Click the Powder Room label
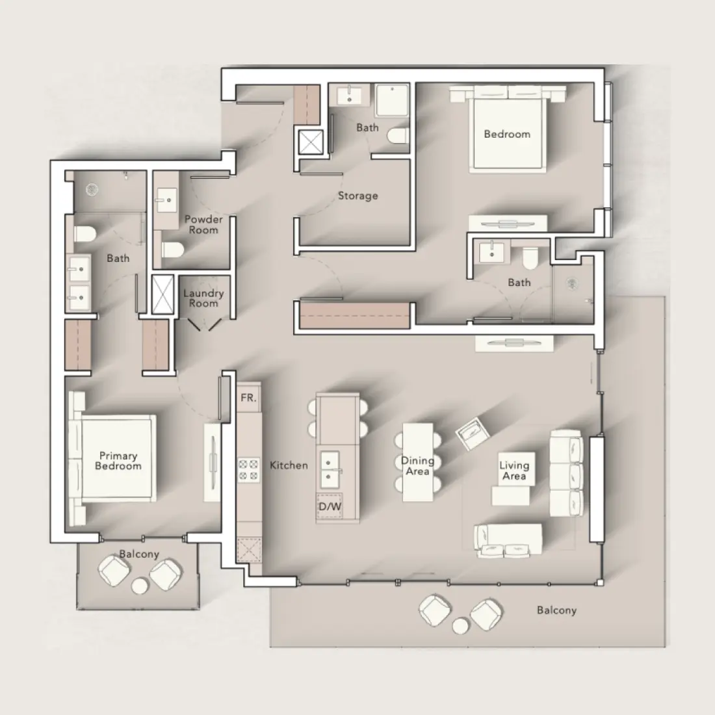(x=203, y=224)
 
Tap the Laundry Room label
(x=203, y=298)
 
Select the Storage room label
(x=357, y=196)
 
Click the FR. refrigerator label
(x=248, y=398)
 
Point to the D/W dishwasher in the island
(x=330, y=506)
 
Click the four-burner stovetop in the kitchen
(x=248, y=470)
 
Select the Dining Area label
(x=417, y=465)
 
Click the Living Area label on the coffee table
(x=514, y=470)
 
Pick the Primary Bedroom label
(x=118, y=461)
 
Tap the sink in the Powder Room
(x=164, y=196)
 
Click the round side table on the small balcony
(x=140, y=586)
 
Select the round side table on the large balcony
(x=461, y=625)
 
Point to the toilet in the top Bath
(x=396, y=136)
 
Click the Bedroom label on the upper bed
(x=507, y=135)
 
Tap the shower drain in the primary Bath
(x=93, y=189)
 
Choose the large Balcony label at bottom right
(x=556, y=610)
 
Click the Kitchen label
(x=289, y=465)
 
